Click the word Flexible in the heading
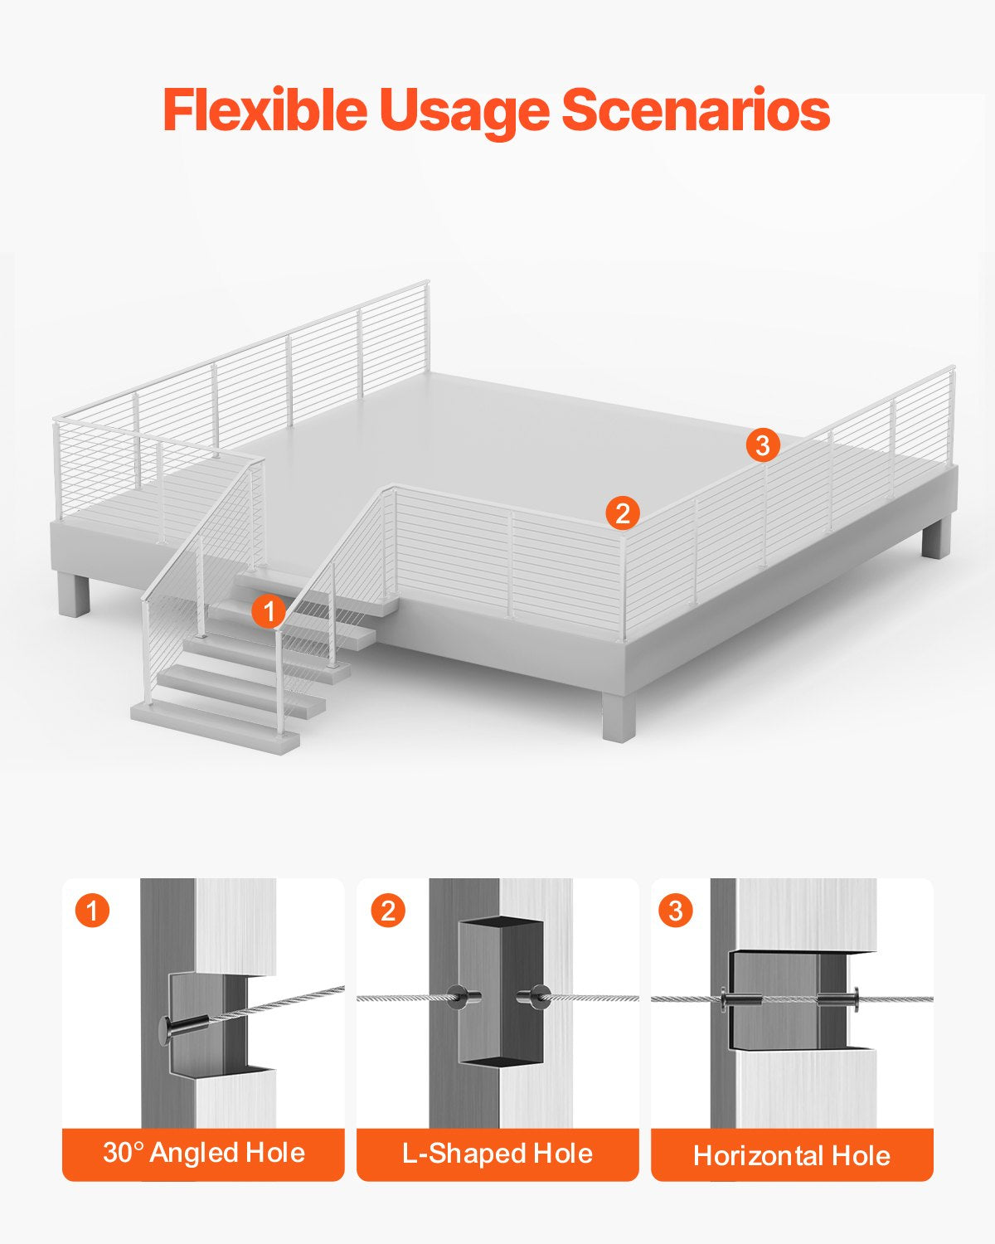pos(265,110)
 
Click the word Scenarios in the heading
pos(696,110)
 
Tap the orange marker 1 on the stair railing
pos(269,612)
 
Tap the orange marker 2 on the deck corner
pos(623,513)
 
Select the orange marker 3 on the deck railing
pos(763,445)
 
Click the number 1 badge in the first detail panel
pos(92,911)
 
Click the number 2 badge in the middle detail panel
pos(388,911)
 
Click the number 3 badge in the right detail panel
pos(676,911)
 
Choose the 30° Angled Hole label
pos(203,1153)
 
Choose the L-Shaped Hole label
pos(498,1153)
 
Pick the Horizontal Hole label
pos(792,1154)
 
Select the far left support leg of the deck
pos(74,595)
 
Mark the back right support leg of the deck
pos(934,539)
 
